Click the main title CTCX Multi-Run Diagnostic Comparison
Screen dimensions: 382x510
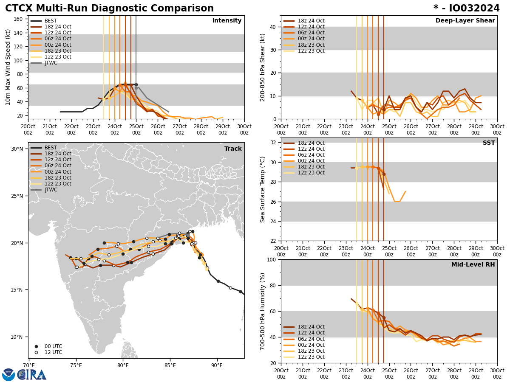click(x=109, y=8)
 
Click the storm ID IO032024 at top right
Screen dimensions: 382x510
click(x=466, y=8)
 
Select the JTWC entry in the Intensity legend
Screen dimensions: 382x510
click(x=51, y=63)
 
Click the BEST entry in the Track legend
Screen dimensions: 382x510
click(x=51, y=148)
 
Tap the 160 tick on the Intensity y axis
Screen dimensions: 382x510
click(x=20, y=19)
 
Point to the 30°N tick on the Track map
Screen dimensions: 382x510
click(x=17, y=149)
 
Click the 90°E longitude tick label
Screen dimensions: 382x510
click(x=217, y=365)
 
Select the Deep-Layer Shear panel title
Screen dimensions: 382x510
click(x=465, y=21)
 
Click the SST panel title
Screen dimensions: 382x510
click(x=489, y=143)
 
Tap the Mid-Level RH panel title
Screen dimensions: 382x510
click(x=473, y=265)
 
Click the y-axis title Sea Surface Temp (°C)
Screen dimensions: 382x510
click(x=263, y=189)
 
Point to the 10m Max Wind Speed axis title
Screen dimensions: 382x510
click(x=8, y=67)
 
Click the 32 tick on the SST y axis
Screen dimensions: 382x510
click(x=272, y=143)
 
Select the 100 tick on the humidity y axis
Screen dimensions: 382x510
click(x=271, y=259)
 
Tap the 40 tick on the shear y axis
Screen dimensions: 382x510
click(x=272, y=27)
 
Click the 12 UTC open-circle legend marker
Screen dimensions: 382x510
click(x=36, y=352)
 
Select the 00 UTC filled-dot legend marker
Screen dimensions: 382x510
click(x=36, y=346)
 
